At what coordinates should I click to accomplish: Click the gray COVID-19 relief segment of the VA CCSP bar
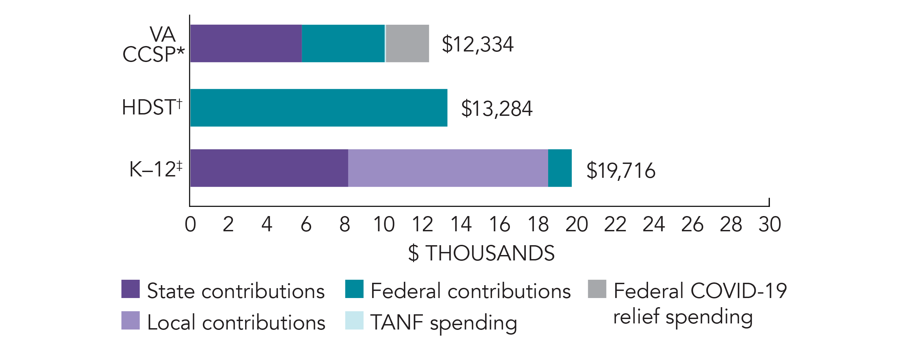[407, 43]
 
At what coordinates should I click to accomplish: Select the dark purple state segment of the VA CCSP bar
[246, 43]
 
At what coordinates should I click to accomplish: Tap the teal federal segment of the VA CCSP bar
[343, 43]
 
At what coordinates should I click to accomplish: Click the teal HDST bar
[319, 108]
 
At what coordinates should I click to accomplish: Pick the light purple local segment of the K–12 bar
[448, 168]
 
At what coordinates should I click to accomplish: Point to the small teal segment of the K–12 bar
[560, 168]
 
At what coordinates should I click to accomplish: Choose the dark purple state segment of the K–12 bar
[269, 168]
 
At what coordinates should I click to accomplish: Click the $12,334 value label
[477, 44]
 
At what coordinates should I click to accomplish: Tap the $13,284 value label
[497, 108]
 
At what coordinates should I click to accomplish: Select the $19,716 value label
[621, 171]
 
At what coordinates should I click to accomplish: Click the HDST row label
[152, 107]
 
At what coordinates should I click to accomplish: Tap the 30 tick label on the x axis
[770, 224]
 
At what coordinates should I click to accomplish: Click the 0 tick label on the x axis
[190, 224]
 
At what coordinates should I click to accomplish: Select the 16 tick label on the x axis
[499, 224]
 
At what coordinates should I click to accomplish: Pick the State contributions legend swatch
[130, 289]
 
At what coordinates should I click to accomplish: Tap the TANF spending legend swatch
[354, 320]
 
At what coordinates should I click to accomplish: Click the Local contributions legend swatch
[130, 320]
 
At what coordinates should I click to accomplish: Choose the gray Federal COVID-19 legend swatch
[597, 289]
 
